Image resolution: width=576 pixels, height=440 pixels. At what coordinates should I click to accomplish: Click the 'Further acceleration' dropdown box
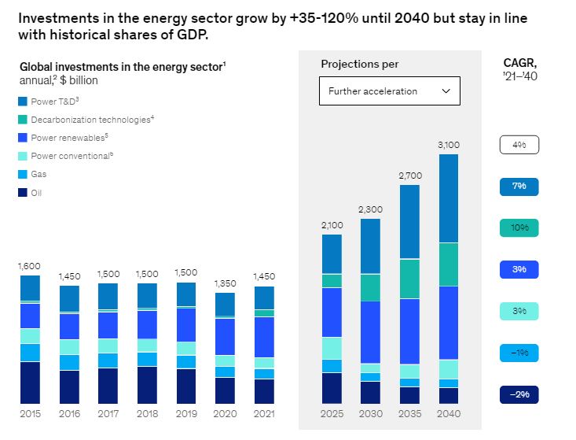[x=389, y=91]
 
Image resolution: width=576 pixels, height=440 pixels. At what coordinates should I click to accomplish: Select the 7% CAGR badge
[x=519, y=187]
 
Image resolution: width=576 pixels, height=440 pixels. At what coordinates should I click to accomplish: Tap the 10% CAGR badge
[x=519, y=228]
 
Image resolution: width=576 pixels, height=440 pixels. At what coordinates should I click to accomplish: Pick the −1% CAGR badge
[x=519, y=353]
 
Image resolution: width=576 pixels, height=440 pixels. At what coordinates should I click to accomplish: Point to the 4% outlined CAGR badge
[x=519, y=145]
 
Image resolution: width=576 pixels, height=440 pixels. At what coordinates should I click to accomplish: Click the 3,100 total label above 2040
[x=448, y=145]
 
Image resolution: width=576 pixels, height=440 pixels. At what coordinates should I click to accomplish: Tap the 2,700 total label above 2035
[x=409, y=176]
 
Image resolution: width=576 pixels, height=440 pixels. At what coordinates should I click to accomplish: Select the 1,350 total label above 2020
[x=225, y=283]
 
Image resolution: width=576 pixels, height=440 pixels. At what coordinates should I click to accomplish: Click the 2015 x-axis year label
[x=30, y=414]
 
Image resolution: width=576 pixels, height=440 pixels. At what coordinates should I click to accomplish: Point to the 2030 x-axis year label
[x=370, y=414]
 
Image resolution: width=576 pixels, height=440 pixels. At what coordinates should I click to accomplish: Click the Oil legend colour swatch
[x=24, y=193]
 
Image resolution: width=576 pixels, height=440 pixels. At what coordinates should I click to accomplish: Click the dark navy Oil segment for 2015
[x=30, y=383]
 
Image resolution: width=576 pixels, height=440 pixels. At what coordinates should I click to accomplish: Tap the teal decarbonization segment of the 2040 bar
[x=448, y=264]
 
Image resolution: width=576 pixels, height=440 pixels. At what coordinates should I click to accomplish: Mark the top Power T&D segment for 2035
[x=409, y=221]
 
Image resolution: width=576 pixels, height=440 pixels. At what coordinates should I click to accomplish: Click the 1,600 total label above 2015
[x=30, y=266]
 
